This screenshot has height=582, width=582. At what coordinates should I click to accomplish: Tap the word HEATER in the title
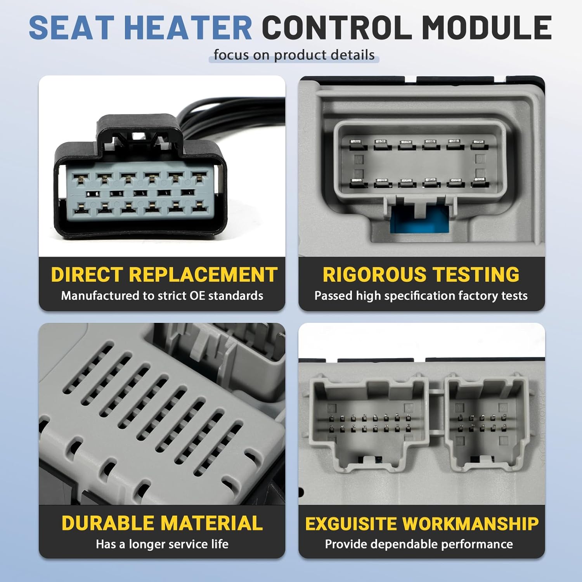[189, 28]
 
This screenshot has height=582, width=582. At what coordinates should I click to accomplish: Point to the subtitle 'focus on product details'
[294, 55]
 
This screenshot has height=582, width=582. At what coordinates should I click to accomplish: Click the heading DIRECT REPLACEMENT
[164, 275]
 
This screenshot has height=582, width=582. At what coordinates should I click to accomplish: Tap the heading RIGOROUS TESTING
[421, 275]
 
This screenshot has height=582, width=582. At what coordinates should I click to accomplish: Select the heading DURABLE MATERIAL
[162, 523]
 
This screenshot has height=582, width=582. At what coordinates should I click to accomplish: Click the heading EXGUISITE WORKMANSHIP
[422, 524]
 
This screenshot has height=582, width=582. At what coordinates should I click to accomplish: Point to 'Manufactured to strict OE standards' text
[162, 296]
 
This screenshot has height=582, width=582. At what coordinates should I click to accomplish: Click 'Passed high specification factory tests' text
[421, 296]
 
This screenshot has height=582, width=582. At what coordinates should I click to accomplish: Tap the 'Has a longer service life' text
[162, 544]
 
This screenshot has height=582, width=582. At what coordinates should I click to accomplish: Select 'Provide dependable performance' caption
[419, 544]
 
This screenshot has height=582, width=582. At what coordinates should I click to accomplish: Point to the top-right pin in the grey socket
[479, 145]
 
